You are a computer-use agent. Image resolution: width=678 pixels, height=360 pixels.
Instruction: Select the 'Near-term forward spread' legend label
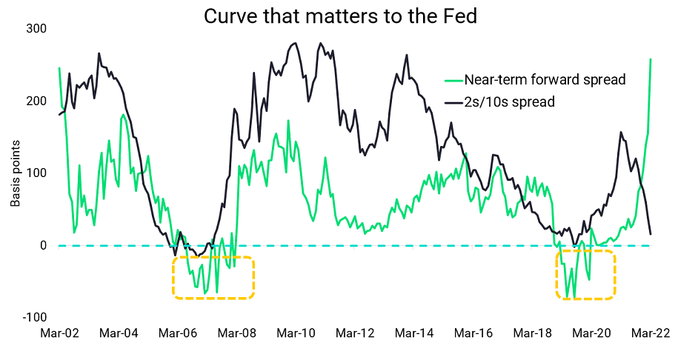(545, 80)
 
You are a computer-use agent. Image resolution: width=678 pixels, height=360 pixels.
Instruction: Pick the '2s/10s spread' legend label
(509, 102)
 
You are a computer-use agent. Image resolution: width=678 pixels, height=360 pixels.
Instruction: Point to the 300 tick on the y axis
(36, 28)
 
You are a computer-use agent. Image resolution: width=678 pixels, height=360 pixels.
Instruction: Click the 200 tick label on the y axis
(36, 101)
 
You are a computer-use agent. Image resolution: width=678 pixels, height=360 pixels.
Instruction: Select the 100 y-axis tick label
(36, 173)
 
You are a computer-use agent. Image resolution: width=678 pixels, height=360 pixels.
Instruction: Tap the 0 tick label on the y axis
(42, 245)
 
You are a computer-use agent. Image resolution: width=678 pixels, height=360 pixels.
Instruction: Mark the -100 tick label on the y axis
(34, 317)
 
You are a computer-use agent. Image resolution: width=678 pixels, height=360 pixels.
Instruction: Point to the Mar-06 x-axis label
(178, 334)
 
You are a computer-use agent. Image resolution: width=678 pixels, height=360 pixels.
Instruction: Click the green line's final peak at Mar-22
(651, 59)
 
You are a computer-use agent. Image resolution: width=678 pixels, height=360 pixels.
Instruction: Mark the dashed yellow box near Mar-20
(585, 275)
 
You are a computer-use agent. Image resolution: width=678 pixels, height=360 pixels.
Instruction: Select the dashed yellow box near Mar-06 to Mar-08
(213, 278)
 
